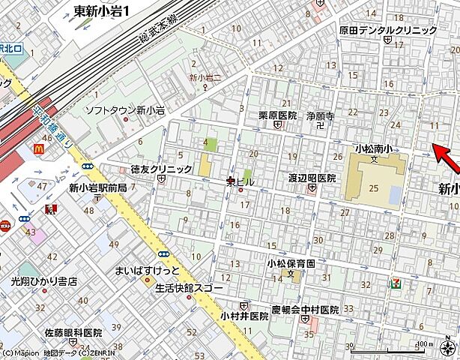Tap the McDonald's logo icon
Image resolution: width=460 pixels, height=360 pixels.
tap(38, 149)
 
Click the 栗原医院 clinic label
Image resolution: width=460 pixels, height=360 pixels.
tap(278, 115)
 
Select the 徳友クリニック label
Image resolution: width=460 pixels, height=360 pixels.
tap(162, 169)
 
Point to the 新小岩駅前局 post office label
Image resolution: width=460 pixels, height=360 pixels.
tap(98, 187)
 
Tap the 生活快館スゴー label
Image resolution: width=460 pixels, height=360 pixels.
tap(190, 287)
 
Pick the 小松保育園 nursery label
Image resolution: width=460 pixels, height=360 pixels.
tap(291, 263)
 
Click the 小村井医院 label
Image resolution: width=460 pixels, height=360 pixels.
tap(244, 316)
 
